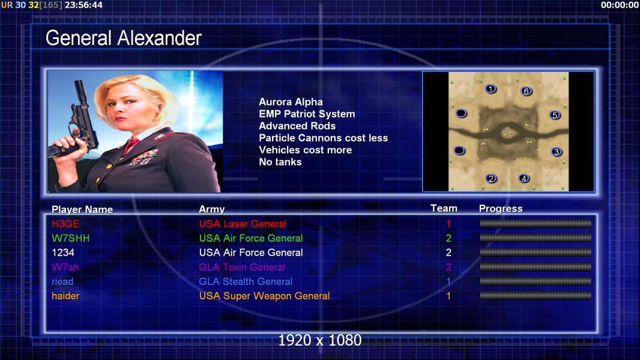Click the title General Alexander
point(123,38)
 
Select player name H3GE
point(65,224)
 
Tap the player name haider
point(65,296)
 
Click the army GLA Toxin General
point(242,267)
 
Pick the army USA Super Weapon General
point(265,296)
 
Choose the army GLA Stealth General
point(246,282)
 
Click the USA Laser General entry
point(243,224)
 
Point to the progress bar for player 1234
point(536,253)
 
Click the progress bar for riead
point(536,281)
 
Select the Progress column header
point(501,209)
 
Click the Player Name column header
point(82,209)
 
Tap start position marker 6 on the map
point(526,91)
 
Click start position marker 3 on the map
point(557,152)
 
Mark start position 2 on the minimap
point(491,178)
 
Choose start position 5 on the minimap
point(555,115)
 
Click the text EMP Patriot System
point(307,114)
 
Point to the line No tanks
point(280,162)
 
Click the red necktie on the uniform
point(131,145)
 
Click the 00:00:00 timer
point(620,5)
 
